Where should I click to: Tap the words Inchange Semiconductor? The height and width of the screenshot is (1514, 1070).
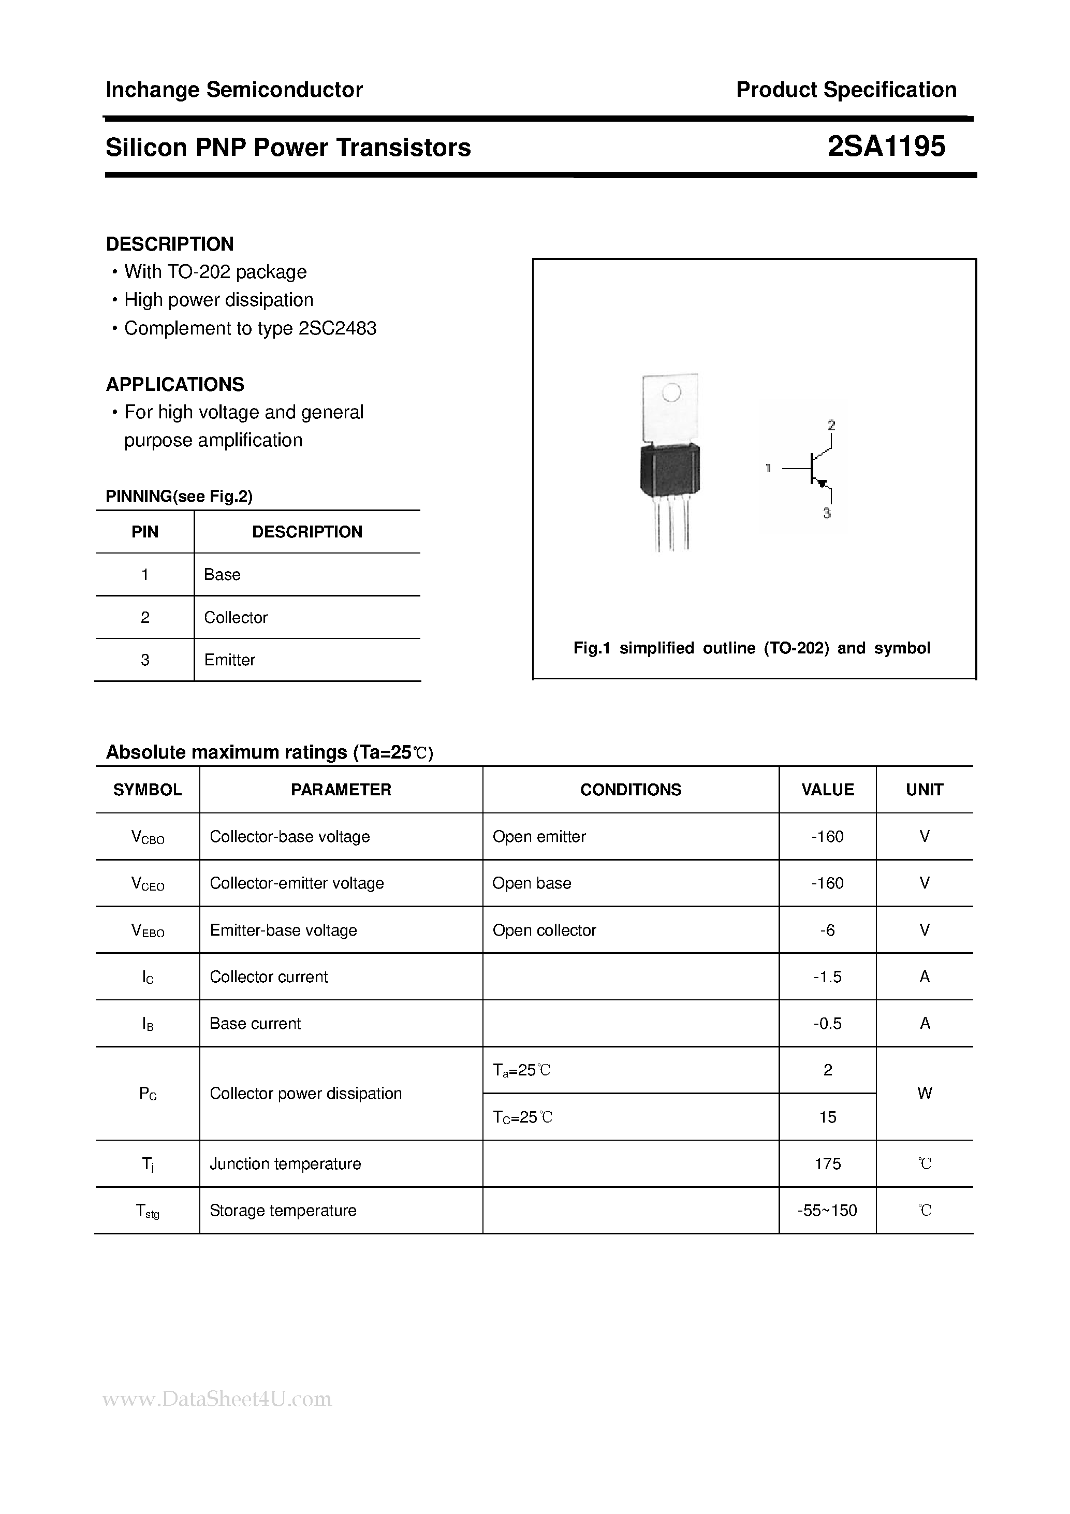click(234, 90)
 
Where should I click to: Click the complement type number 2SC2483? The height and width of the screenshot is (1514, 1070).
click(337, 328)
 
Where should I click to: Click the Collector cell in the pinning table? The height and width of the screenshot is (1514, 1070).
click(236, 617)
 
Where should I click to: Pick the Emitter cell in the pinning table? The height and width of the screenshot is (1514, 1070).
click(229, 660)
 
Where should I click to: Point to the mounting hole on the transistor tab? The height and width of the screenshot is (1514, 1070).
click(670, 393)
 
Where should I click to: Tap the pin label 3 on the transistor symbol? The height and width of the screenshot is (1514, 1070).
click(827, 513)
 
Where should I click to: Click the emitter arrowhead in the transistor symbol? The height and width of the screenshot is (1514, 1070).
click(822, 483)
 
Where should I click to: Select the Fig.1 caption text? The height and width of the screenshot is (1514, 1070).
click(752, 648)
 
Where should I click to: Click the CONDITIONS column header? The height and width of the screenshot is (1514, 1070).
click(631, 790)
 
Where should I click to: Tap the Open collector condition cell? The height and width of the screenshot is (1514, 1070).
click(544, 930)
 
